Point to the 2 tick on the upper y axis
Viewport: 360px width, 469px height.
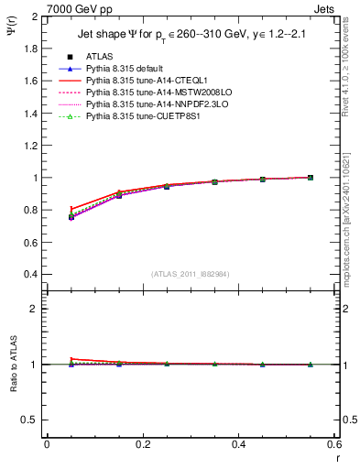pos(33,17)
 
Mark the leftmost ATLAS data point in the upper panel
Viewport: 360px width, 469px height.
pos(71,217)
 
